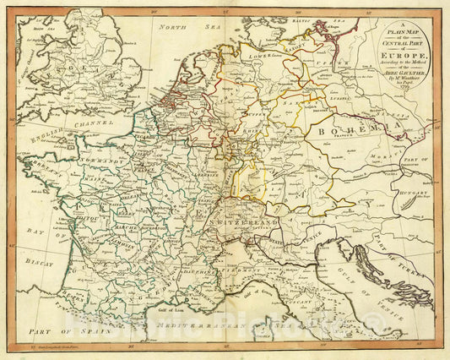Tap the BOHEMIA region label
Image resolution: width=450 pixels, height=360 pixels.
pos(362,131)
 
